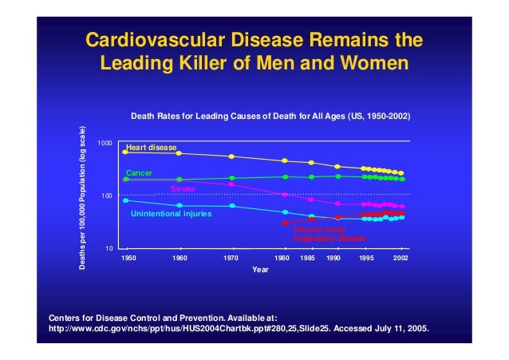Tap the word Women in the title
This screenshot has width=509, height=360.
tap(373, 61)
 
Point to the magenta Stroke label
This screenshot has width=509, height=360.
tap(183, 189)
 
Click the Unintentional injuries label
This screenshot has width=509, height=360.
tap(171, 214)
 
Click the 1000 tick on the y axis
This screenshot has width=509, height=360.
tap(105, 143)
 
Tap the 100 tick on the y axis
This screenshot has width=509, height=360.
tap(107, 196)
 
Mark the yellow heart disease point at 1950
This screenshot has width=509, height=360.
tap(125, 151)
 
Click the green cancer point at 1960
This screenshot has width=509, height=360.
tap(179, 180)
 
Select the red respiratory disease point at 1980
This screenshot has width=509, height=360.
tap(285, 223)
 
